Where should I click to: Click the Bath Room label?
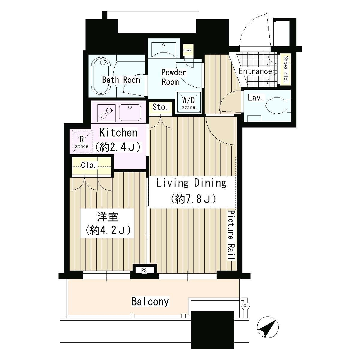point(121,80)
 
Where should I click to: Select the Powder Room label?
point(173,77)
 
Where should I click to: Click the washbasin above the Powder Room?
point(164,49)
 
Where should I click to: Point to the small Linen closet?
point(187,50)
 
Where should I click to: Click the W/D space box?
point(189,103)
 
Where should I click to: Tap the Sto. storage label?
point(160,107)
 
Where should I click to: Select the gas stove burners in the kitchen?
point(106,113)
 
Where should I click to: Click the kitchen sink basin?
point(130,113)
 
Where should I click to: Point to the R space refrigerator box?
point(82,141)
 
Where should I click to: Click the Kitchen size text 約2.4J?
point(118,147)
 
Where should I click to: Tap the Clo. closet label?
point(88,165)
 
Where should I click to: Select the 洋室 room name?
point(108,217)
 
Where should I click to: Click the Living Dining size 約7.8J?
point(193,199)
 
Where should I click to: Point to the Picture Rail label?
point(232,235)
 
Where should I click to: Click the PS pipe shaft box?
point(144,270)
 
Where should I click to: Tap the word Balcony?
point(150,302)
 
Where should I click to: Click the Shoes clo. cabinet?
point(286,70)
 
